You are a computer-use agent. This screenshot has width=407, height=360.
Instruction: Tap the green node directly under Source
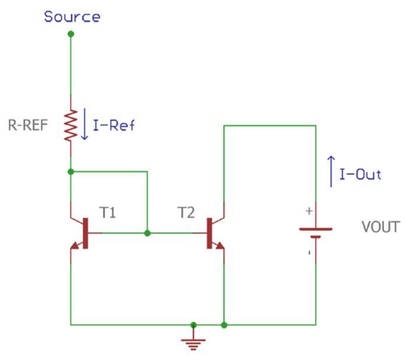pyautogui.click(x=71, y=34)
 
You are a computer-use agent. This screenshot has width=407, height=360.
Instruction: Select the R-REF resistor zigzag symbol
pyautogui.click(x=71, y=126)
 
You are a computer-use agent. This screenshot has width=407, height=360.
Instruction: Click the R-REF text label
pyautogui.click(x=33, y=125)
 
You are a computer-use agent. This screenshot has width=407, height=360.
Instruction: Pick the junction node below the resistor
pyautogui.click(x=71, y=172)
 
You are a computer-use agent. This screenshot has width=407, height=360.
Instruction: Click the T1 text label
pyautogui.click(x=108, y=213)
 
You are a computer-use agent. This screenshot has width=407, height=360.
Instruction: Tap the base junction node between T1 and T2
pyautogui.click(x=148, y=233)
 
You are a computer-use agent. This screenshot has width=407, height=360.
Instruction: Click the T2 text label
pyautogui.click(x=186, y=213)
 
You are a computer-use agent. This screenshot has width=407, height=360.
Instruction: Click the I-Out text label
pyautogui.click(x=361, y=175)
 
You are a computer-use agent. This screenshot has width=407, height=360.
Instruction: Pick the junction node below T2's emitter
pyautogui.click(x=224, y=324)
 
